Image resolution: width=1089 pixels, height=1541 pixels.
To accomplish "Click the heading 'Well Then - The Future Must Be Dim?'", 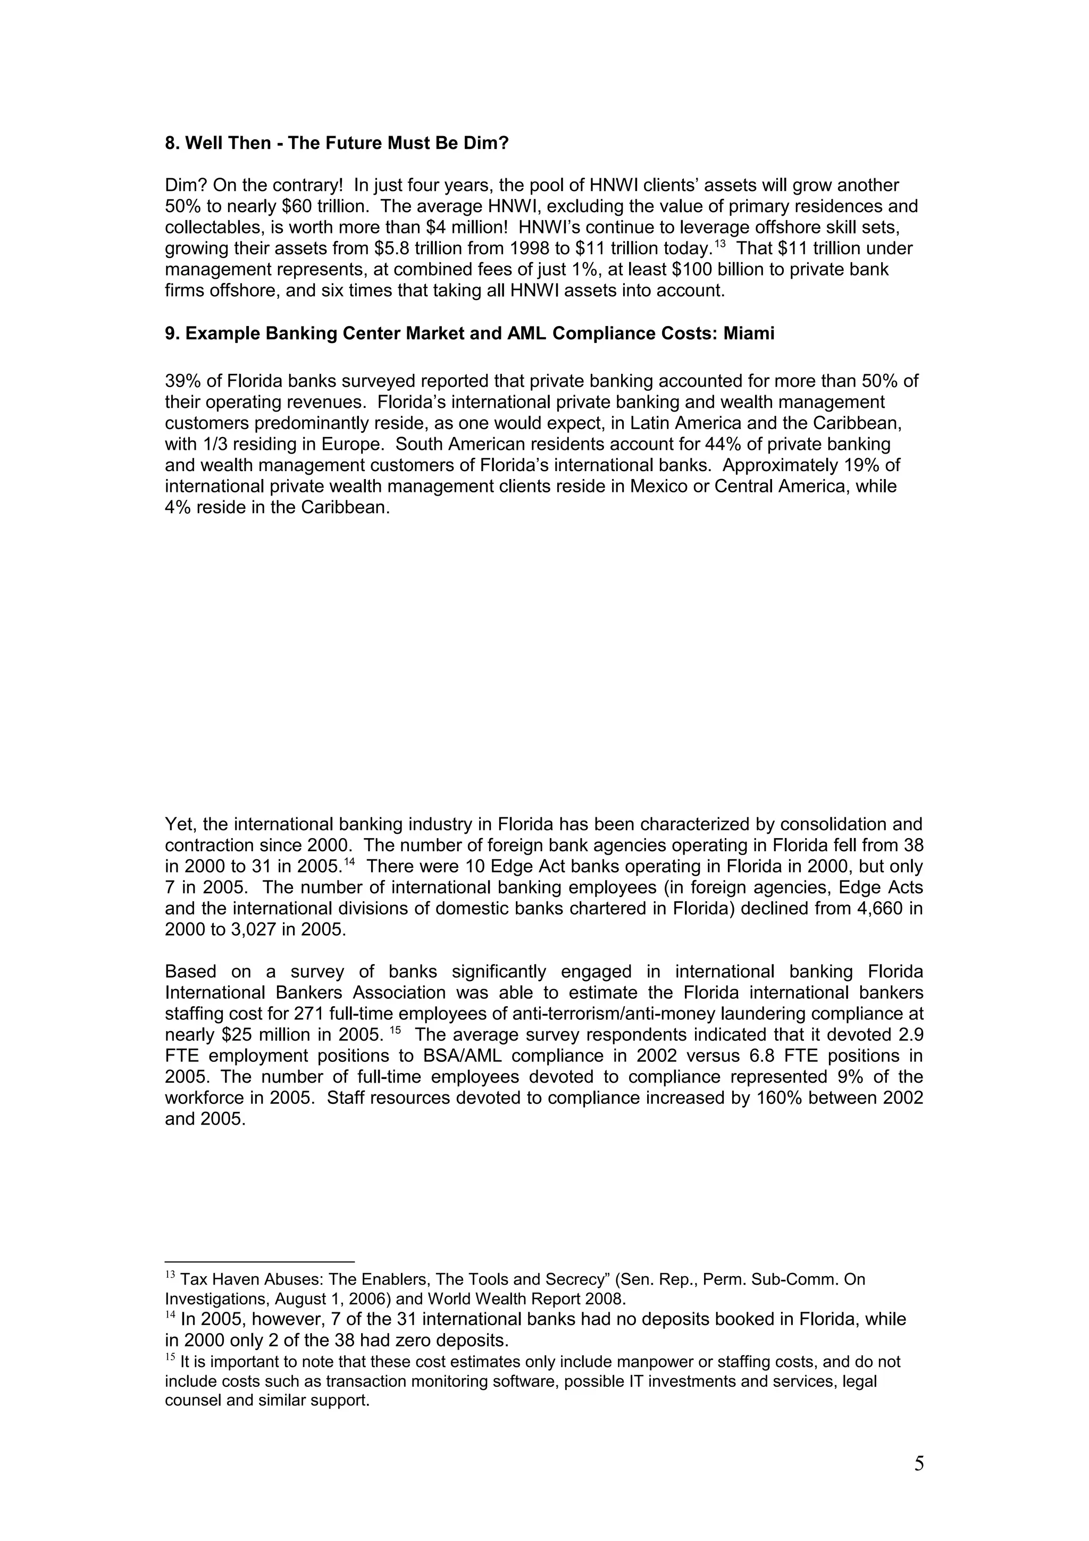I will point(346,143).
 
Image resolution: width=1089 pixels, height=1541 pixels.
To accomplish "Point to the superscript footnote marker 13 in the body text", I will point(720,244).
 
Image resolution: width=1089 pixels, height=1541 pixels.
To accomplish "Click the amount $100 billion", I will point(710,270).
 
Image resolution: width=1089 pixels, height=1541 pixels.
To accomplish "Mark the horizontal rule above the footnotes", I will point(259,1261).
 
